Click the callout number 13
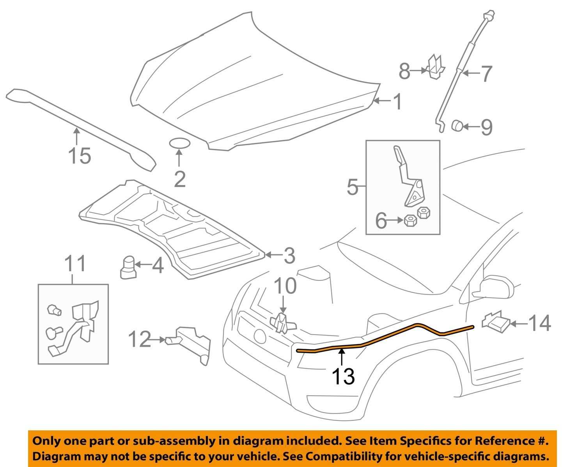(x=343, y=376)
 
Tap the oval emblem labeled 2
(x=179, y=143)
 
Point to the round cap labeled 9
(x=457, y=126)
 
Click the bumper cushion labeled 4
(x=127, y=267)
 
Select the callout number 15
(x=80, y=156)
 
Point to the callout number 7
(x=486, y=73)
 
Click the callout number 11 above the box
(x=75, y=264)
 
